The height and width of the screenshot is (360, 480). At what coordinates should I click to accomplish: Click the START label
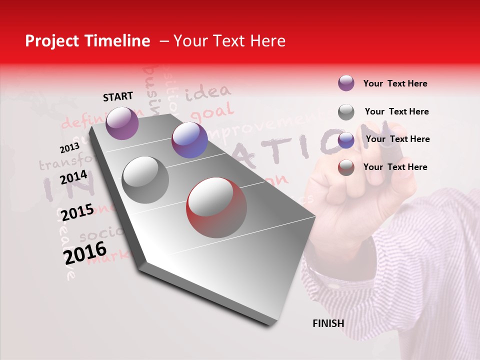point(118,96)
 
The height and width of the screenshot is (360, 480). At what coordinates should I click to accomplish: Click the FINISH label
point(328,323)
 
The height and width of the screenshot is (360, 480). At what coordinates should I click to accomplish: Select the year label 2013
point(69,147)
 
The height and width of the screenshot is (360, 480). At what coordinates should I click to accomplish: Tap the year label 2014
point(74,177)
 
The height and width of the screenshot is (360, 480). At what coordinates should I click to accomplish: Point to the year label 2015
point(77,212)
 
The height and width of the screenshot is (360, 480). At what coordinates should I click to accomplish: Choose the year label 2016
point(85,252)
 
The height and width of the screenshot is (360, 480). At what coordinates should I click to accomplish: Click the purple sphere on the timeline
point(122,123)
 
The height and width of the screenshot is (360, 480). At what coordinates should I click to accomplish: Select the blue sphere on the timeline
point(189,140)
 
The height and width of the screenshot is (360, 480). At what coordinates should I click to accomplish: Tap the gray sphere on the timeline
point(145,179)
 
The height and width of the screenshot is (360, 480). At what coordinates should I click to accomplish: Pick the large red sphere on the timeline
point(216,207)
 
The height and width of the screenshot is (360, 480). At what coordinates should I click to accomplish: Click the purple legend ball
point(346,83)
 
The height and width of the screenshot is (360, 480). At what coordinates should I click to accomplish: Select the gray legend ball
point(346,112)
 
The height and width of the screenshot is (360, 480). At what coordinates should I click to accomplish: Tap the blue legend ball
point(346,140)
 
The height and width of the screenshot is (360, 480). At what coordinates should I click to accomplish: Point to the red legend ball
point(346,167)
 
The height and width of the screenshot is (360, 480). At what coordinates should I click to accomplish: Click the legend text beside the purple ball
point(395,83)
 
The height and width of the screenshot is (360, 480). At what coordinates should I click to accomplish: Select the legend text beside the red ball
point(395,167)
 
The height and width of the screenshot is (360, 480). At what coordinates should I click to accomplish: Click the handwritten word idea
point(208,92)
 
